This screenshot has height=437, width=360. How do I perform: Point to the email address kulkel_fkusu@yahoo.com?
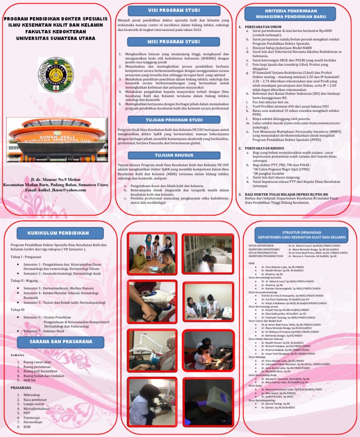point(56,189)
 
